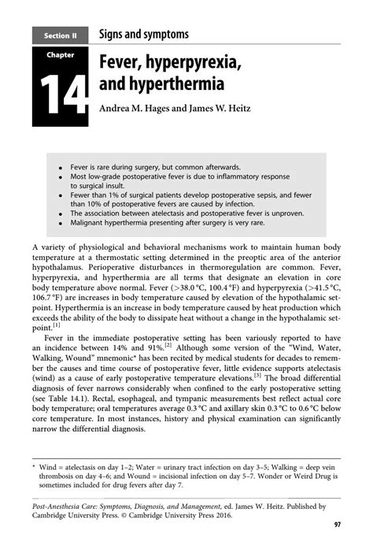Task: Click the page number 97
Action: (x=336, y=524)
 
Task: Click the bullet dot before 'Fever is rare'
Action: (x=59, y=168)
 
